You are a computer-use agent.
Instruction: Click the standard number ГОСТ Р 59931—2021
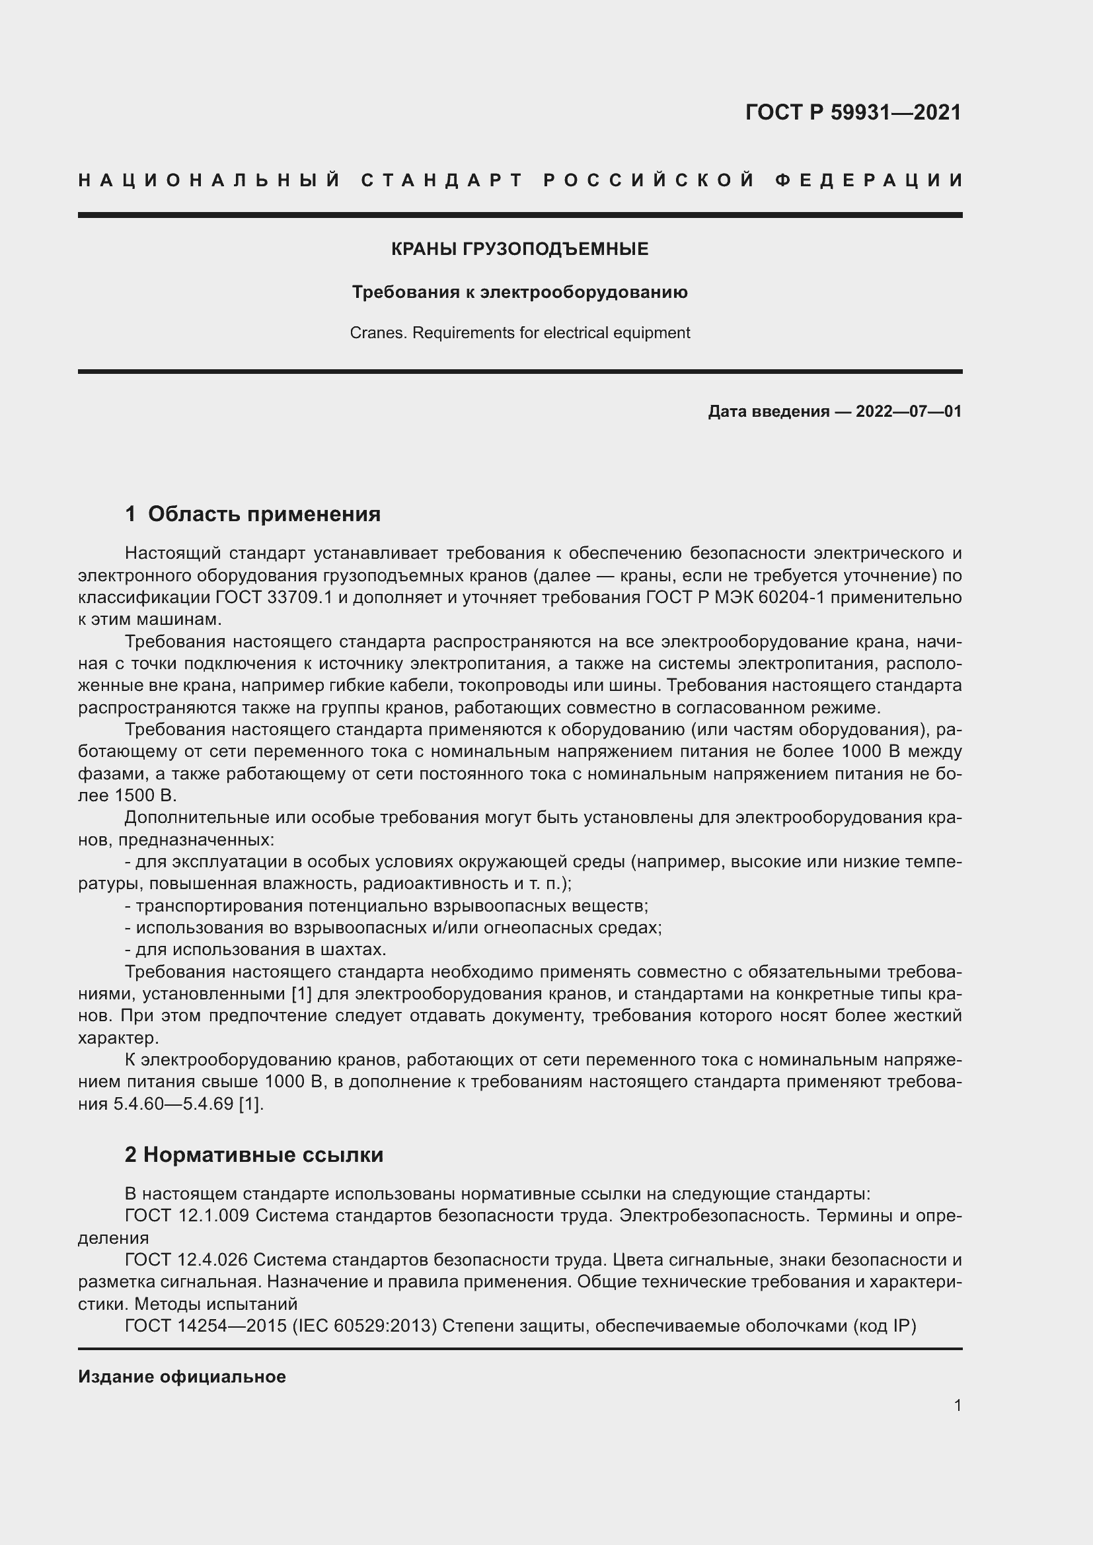coord(852,112)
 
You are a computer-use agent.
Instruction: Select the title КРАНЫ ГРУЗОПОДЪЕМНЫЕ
coord(519,249)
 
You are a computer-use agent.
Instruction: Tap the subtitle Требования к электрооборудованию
coord(519,292)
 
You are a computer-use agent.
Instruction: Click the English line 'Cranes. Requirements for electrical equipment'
coord(519,332)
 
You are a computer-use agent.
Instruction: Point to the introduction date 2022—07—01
coord(908,411)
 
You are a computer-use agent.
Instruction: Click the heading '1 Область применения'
coord(252,514)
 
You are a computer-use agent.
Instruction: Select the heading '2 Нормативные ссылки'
coord(254,1155)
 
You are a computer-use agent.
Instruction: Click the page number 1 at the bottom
coord(957,1405)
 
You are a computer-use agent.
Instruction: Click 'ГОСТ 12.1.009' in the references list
coord(186,1216)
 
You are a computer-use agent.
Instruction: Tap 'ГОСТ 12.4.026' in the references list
coord(186,1260)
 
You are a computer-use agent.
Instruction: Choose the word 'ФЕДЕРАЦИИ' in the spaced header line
coord(869,180)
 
